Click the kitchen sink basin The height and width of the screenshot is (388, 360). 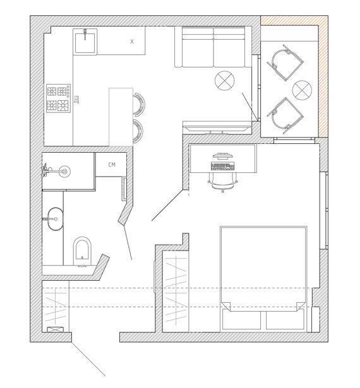[x=85, y=42]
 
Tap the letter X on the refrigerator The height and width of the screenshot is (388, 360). [x=132, y=42]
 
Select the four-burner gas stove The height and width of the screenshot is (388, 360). [x=59, y=98]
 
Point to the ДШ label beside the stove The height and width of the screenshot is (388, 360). [x=77, y=100]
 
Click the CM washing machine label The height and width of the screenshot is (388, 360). [x=112, y=165]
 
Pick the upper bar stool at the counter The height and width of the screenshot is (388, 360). [x=138, y=104]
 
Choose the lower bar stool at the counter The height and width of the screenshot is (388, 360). [x=138, y=131]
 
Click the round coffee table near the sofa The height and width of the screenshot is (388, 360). [x=225, y=81]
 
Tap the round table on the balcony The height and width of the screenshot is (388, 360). [x=302, y=90]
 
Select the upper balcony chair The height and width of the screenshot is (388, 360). [x=285, y=62]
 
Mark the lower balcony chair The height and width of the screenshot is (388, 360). [x=285, y=115]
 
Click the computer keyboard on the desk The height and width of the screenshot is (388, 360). [x=222, y=167]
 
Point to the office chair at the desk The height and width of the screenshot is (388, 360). [x=223, y=182]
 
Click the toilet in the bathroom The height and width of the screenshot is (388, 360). [x=83, y=251]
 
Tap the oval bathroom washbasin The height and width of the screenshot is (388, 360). [x=55, y=219]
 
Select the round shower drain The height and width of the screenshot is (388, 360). [x=64, y=171]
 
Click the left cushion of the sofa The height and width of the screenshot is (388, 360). [x=198, y=47]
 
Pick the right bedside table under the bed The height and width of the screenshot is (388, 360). [x=285, y=320]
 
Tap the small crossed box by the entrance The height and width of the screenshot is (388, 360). [x=55, y=329]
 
